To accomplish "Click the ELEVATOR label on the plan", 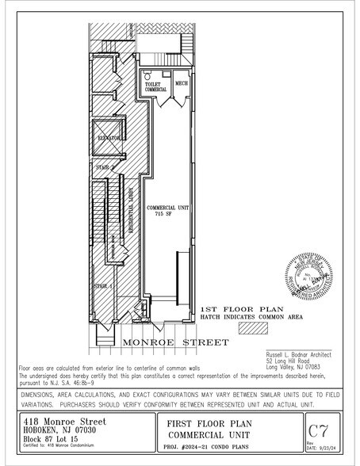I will (x=108, y=138).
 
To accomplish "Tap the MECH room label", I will (x=182, y=82).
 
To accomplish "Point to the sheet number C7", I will (x=318, y=431).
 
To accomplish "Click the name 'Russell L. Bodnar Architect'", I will (x=297, y=354).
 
